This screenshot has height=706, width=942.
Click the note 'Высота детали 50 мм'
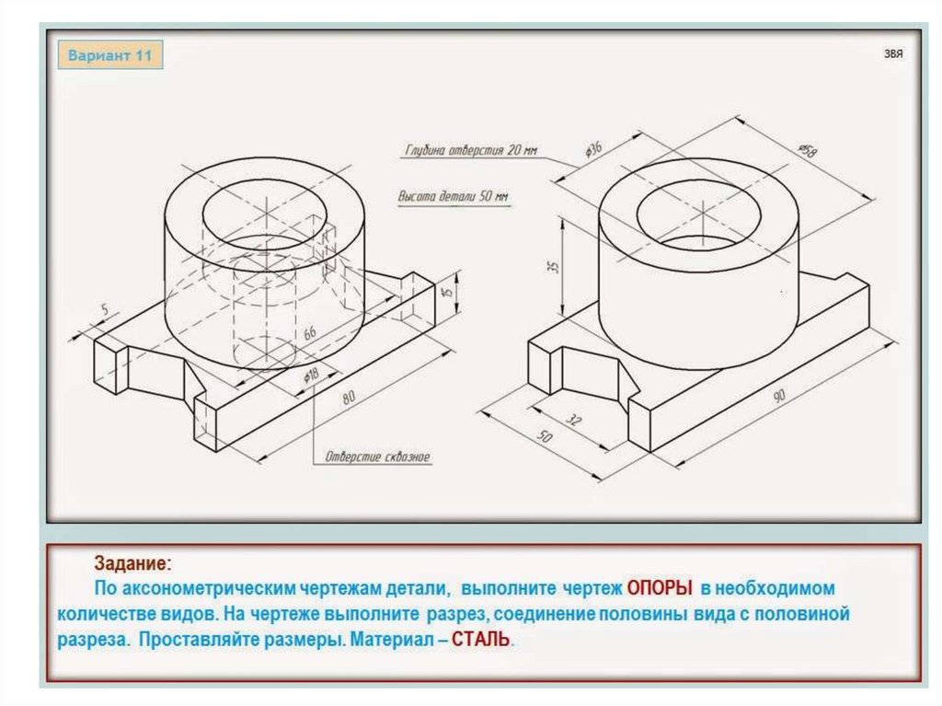point(453,196)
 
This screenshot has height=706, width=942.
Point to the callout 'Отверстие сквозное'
point(377,457)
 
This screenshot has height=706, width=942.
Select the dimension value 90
point(779,397)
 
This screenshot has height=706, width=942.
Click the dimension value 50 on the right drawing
point(545,438)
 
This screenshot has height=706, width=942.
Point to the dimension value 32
point(574,421)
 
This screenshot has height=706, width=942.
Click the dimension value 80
point(349,398)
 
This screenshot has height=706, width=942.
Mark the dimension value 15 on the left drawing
point(447,294)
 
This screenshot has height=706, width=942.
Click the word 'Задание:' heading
point(131,562)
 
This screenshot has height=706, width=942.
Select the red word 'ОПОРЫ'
point(659,587)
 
